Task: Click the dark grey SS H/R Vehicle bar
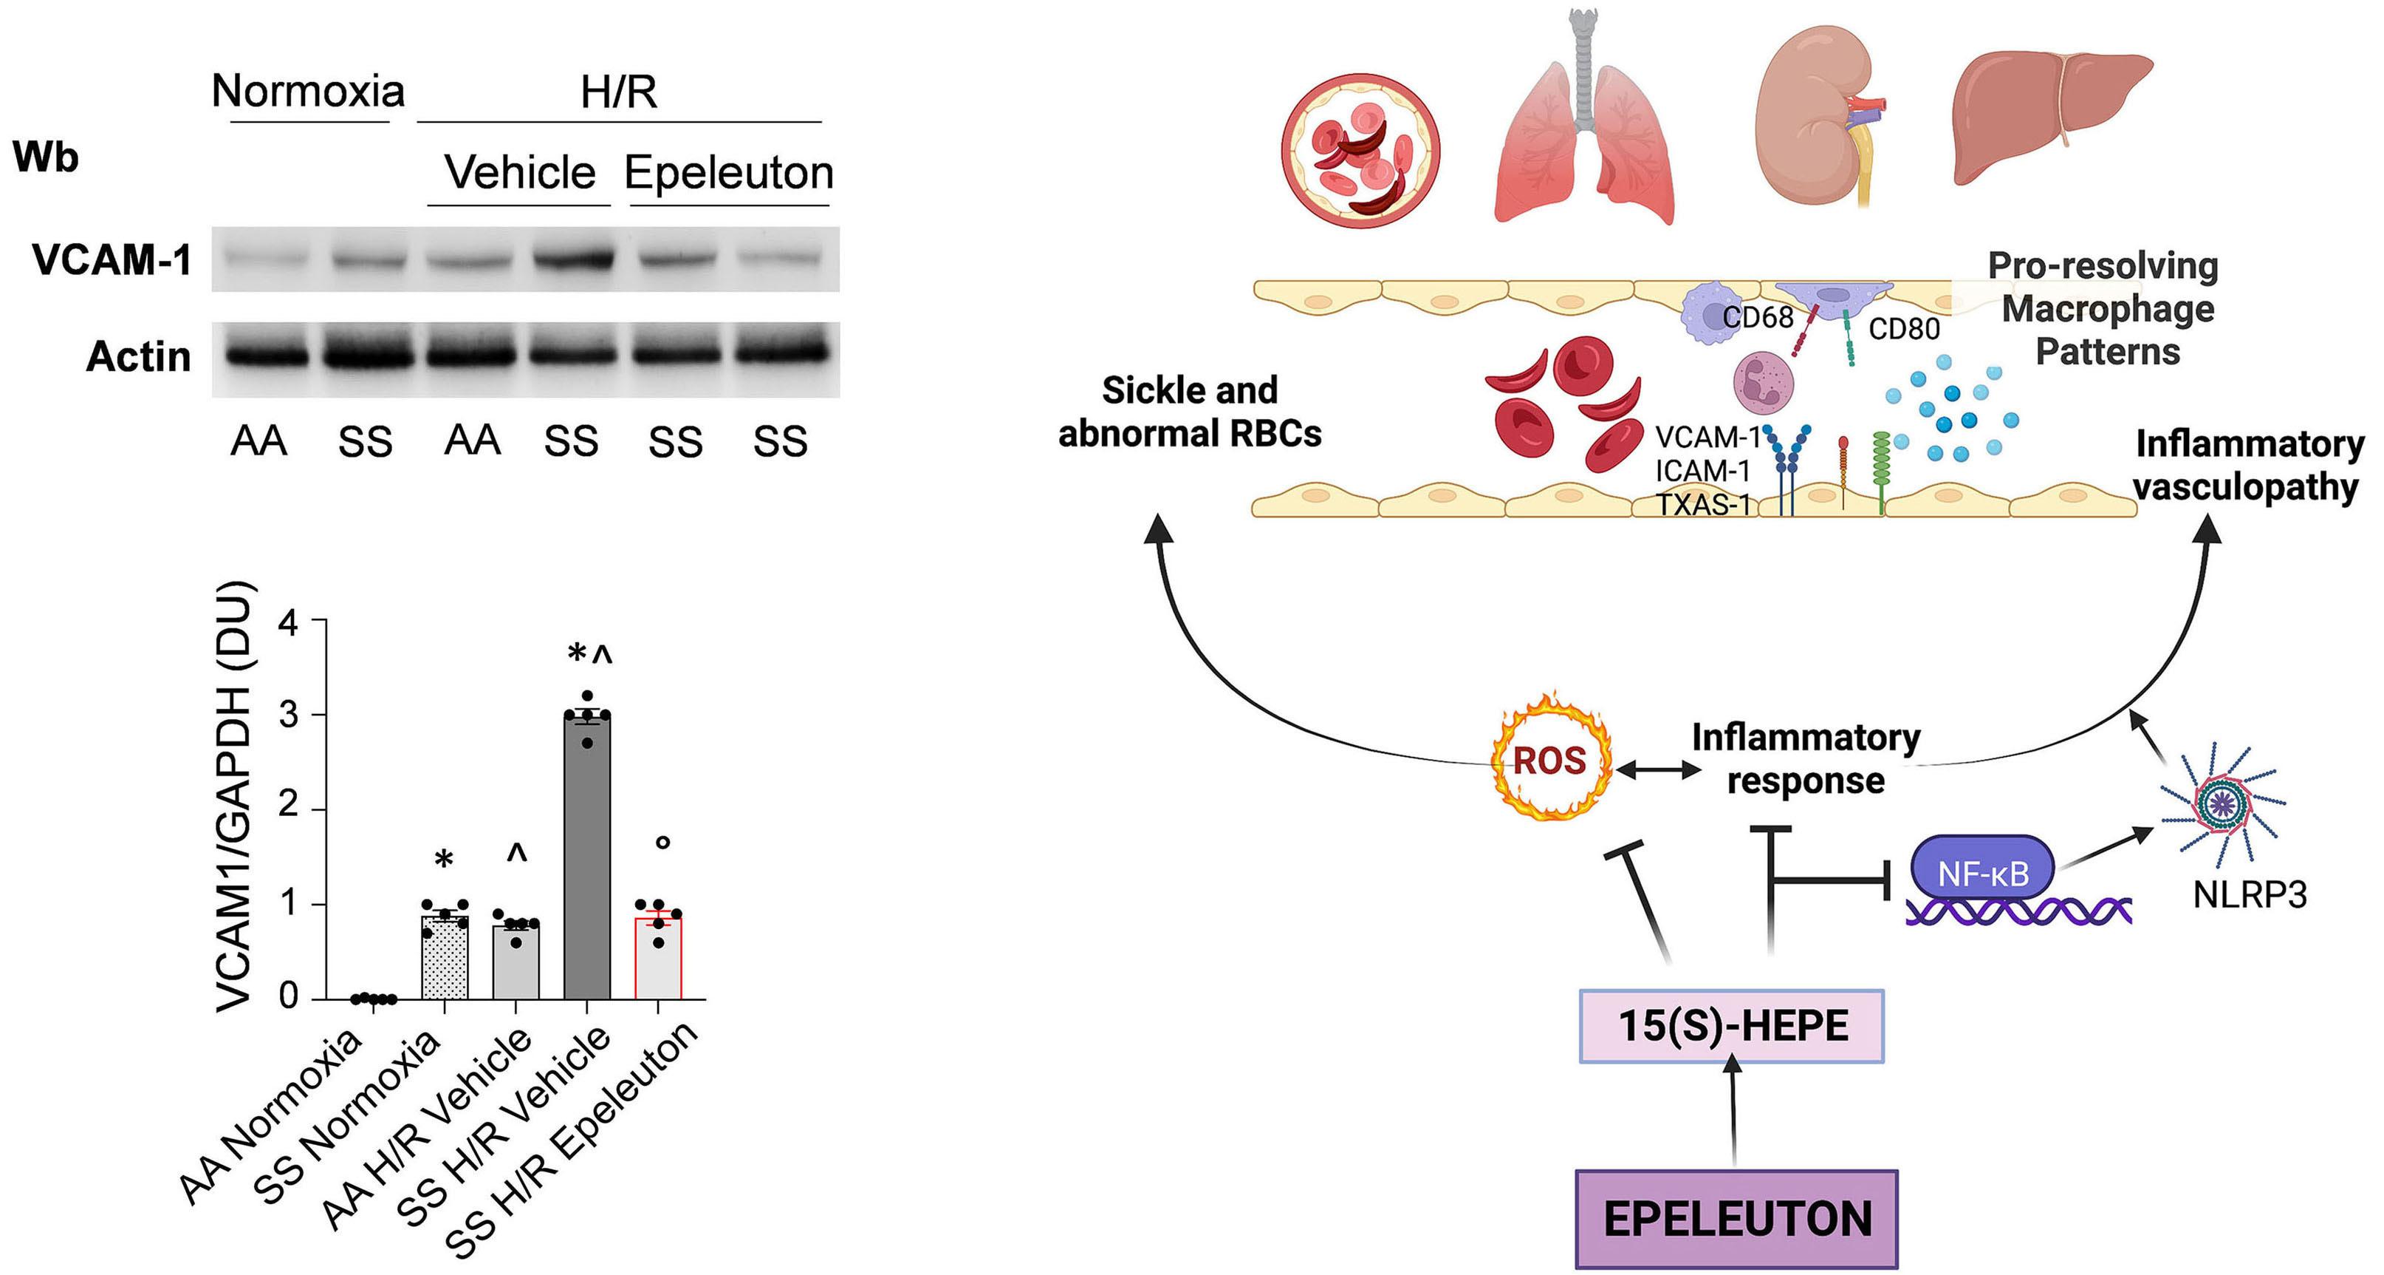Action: [x=586, y=861]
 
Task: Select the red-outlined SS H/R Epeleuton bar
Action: [x=658, y=959]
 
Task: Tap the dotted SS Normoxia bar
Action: [x=444, y=959]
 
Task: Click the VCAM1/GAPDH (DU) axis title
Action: [x=234, y=796]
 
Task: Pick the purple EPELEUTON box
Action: [x=1736, y=1219]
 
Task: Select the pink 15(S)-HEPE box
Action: [x=1732, y=1026]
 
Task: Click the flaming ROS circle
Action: [x=1549, y=760]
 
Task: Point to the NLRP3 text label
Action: [x=2250, y=895]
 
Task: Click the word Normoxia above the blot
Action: [x=308, y=91]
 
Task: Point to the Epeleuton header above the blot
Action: [x=729, y=172]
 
